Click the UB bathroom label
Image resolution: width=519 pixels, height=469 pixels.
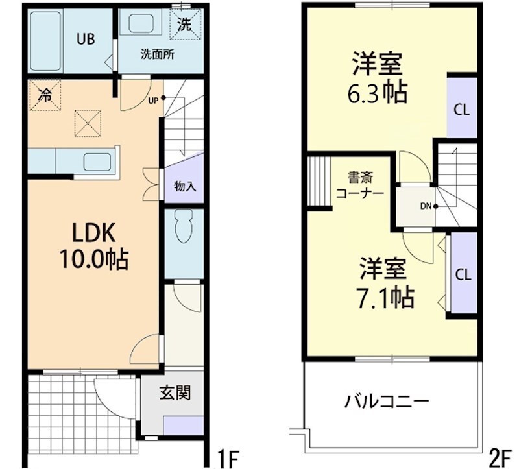(x=86, y=39)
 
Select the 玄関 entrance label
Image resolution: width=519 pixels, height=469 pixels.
(x=175, y=392)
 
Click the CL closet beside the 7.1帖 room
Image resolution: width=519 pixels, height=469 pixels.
(x=463, y=274)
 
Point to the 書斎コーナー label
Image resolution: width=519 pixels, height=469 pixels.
(x=359, y=184)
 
